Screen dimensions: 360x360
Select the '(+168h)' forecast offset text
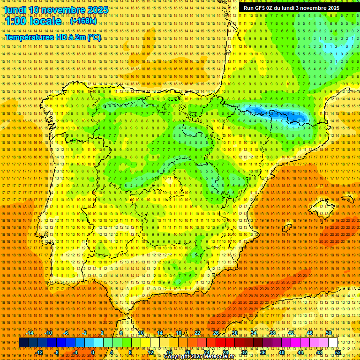tap(83, 21)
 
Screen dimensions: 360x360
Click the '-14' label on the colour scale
tap(30, 333)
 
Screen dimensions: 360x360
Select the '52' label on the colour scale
tap(338, 352)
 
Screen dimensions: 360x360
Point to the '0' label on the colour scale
tap(93, 352)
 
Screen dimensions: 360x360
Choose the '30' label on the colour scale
tap(234, 333)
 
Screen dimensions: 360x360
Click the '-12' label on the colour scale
tap(40, 352)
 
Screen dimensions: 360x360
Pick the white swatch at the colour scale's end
tap(333, 343)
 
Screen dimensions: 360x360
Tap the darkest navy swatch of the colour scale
tap(23, 343)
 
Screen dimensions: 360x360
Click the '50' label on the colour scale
tap(329, 333)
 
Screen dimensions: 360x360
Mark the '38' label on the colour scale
tap(272, 333)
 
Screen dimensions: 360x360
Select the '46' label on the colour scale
tap(310, 333)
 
